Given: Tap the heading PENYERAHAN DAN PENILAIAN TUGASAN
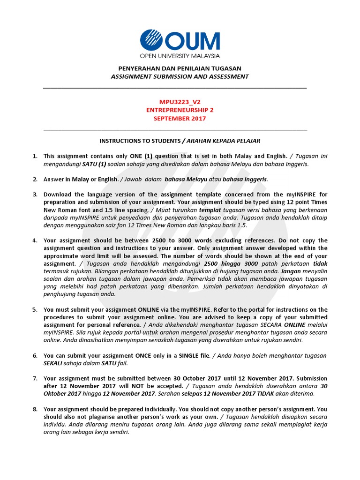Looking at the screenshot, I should click(180, 67).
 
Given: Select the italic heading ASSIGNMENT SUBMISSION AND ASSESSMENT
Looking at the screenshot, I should click(180, 76).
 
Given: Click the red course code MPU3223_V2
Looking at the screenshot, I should click(180, 101).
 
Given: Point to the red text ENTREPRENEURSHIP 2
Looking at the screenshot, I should click(180, 110).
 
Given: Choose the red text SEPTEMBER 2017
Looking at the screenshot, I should click(180, 119).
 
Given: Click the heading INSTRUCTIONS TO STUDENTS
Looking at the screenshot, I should click(140, 141).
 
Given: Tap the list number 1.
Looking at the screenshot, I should click(35, 156).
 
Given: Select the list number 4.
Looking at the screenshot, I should click(35, 240).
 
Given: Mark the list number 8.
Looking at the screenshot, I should click(35, 409).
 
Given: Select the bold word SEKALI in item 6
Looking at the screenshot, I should click(54, 363).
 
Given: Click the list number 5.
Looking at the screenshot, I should click(35, 310).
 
